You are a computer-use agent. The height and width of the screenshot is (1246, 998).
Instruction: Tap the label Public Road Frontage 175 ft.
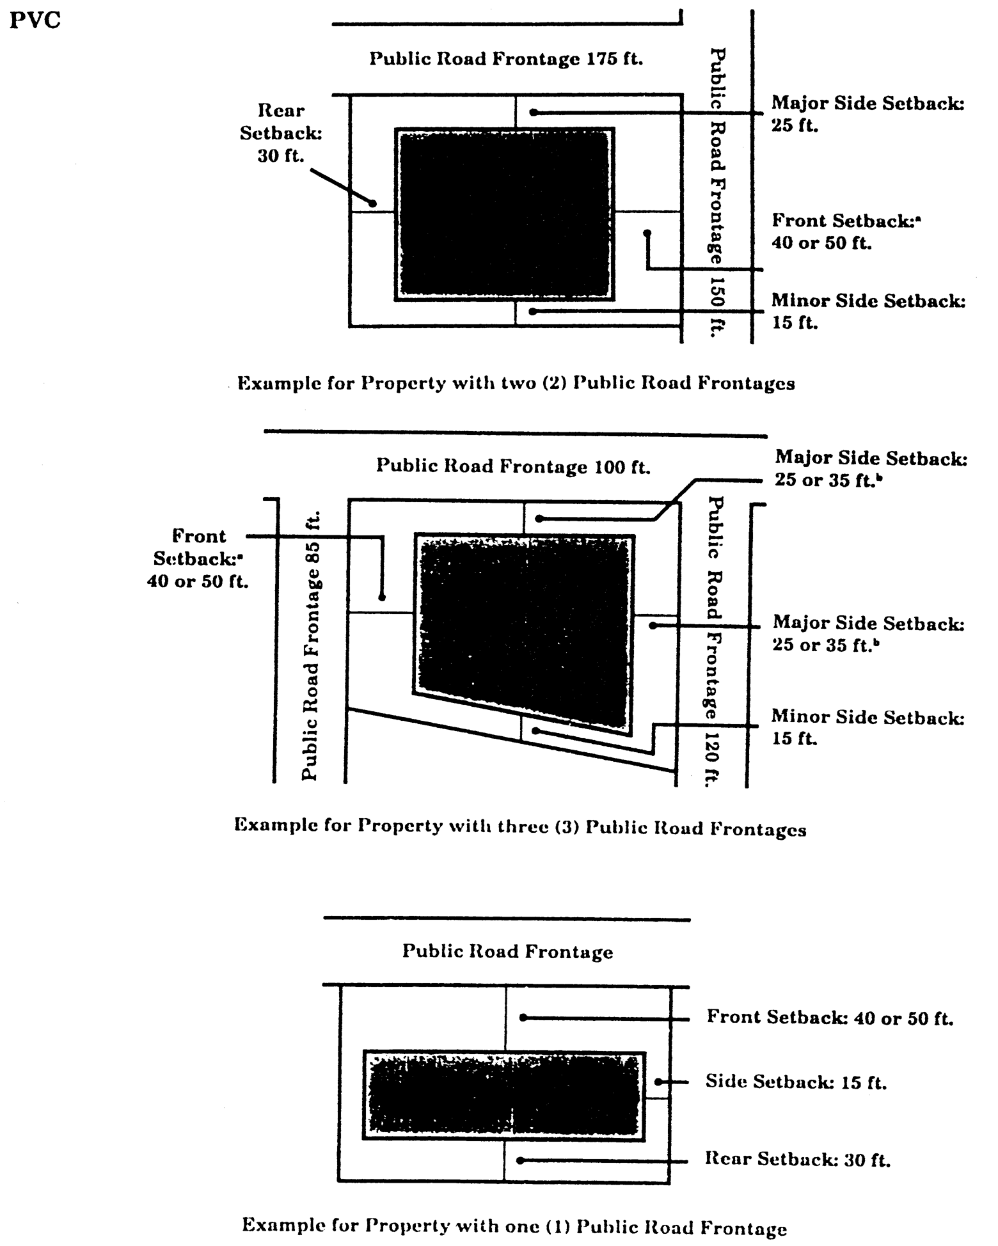506,59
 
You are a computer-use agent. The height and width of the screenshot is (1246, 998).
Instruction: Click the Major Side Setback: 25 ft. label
867,114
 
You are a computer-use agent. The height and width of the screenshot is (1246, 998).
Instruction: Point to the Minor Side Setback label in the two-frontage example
867,311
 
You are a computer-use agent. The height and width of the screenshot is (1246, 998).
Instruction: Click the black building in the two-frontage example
504,214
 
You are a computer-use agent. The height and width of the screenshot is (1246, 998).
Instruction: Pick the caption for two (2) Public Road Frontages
516,383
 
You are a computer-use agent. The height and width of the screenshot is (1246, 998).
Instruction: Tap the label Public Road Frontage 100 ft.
512,466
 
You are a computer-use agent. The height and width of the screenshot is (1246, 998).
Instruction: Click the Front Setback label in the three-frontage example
198,558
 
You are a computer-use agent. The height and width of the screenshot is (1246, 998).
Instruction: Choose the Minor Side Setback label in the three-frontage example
867,727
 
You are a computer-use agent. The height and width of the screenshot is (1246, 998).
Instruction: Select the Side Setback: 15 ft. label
796,1081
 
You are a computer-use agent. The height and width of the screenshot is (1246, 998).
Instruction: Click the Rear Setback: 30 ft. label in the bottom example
798,1159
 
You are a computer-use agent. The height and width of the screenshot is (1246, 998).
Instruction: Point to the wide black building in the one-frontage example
504,1095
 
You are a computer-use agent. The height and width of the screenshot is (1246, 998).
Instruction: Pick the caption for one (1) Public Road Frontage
514,1227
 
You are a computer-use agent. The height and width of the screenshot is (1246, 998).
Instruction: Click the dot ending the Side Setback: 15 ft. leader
658,1082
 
